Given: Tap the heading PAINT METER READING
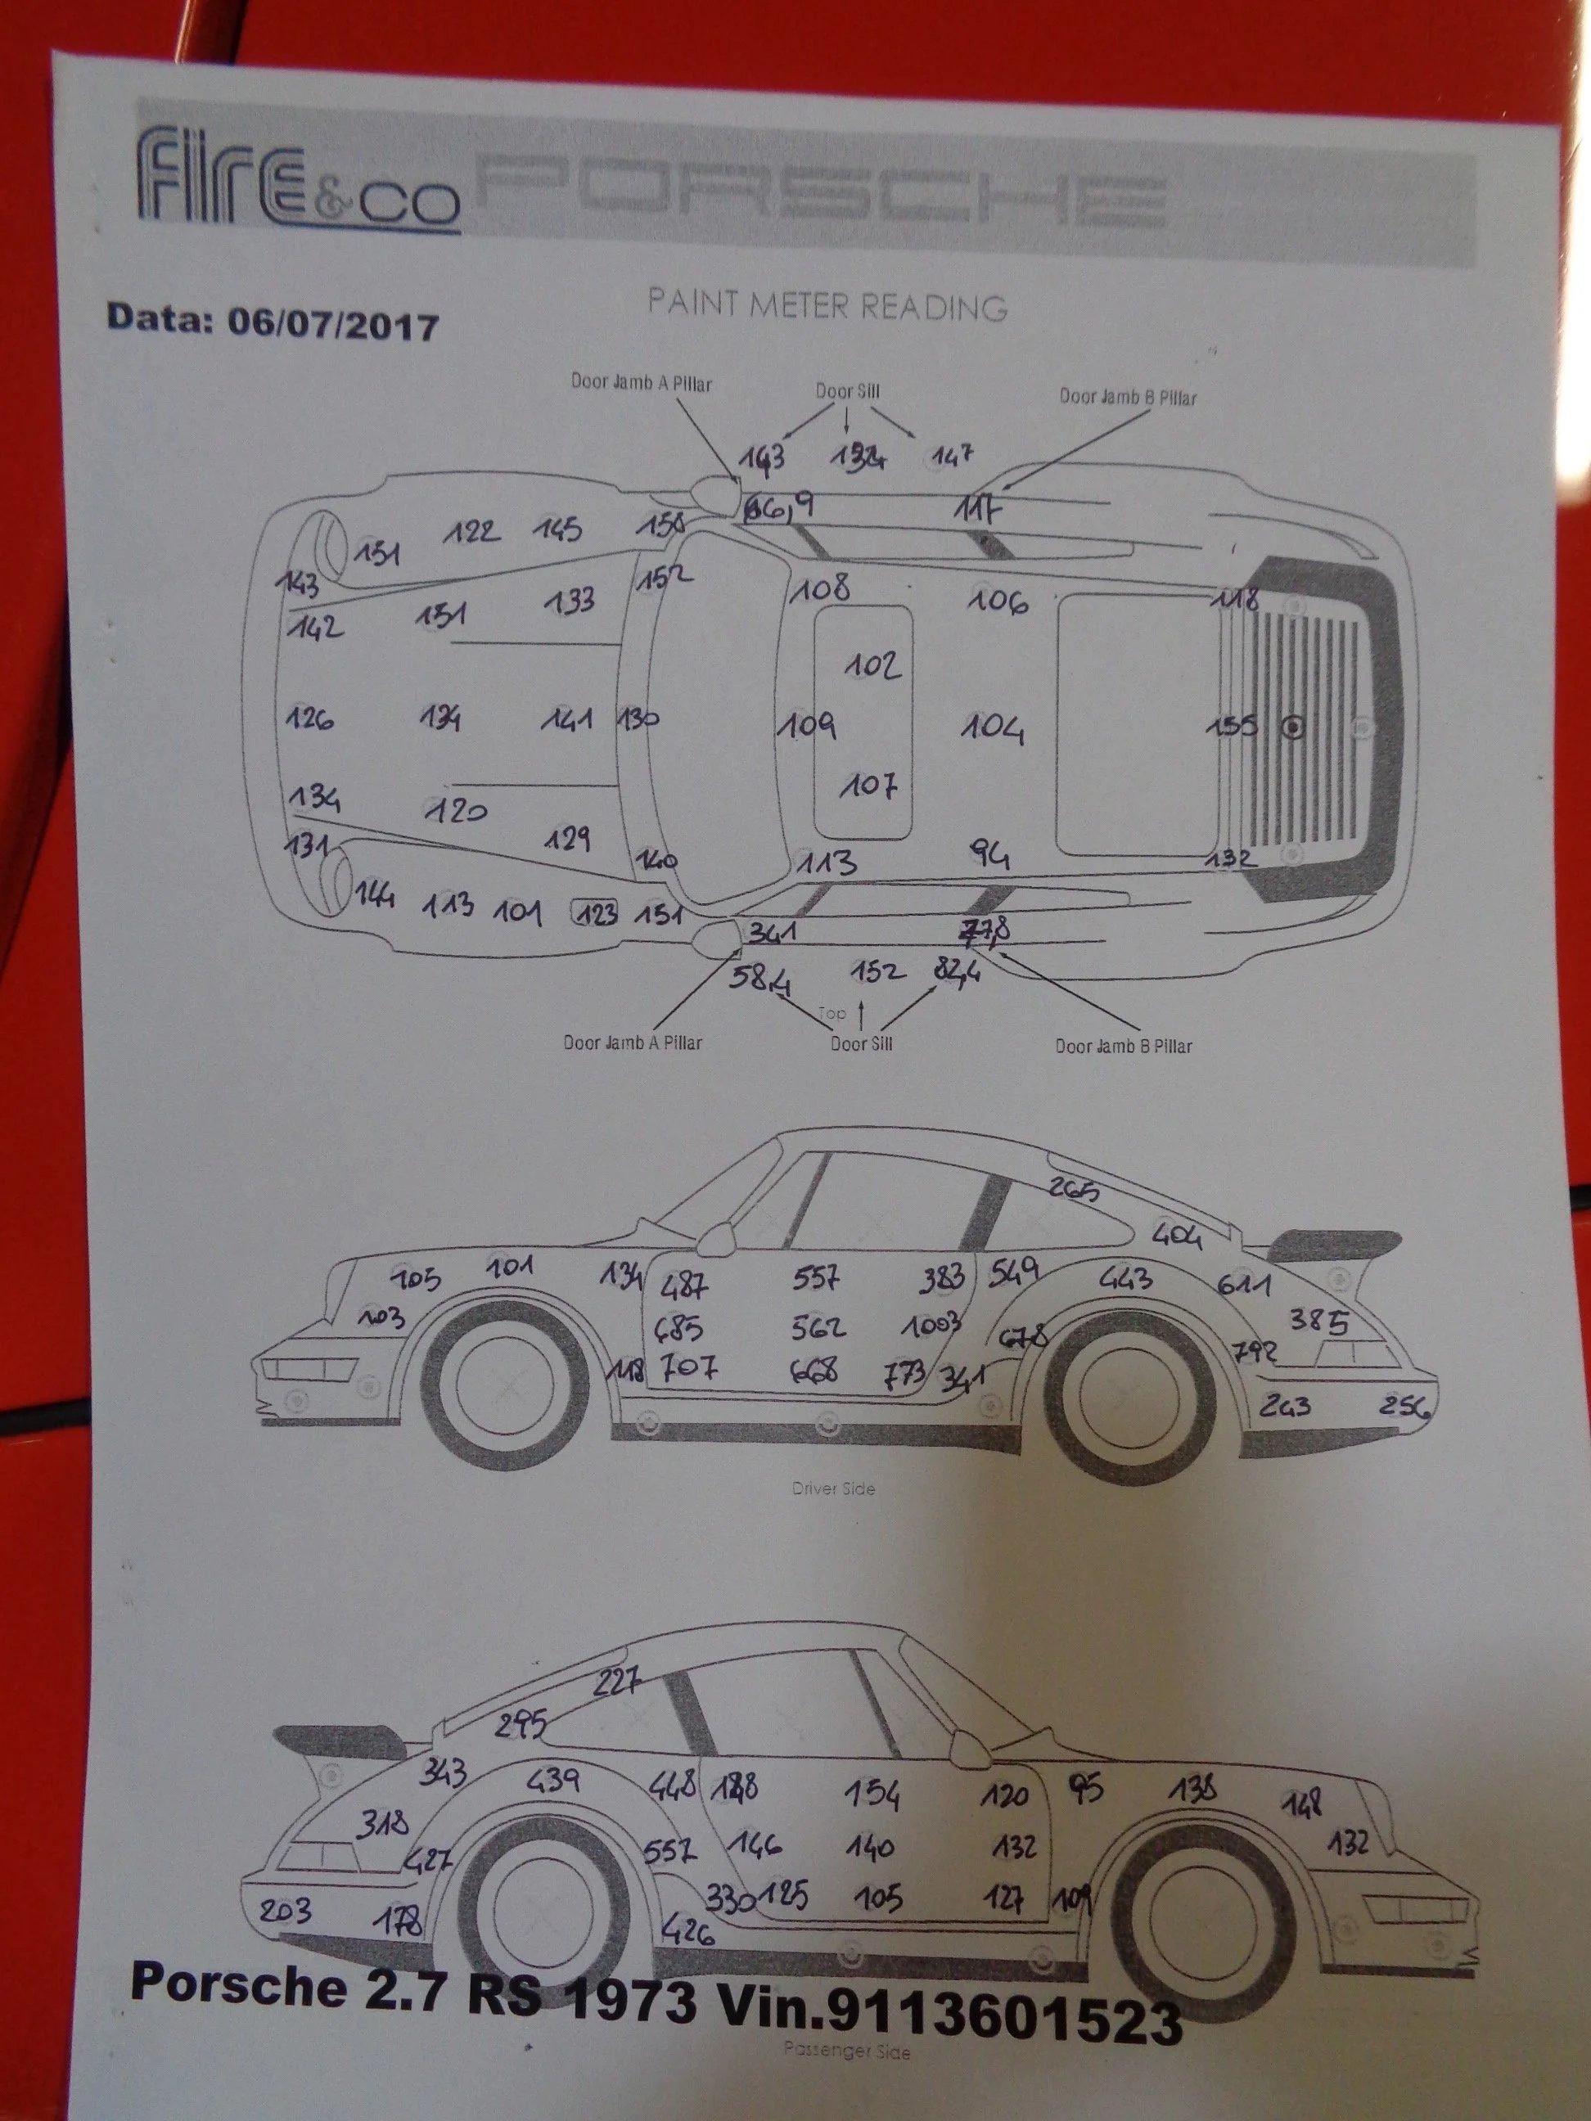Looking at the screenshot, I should (x=827, y=306).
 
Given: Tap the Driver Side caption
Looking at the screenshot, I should (x=832, y=1489).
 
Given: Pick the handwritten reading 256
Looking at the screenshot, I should (x=1405, y=1407).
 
